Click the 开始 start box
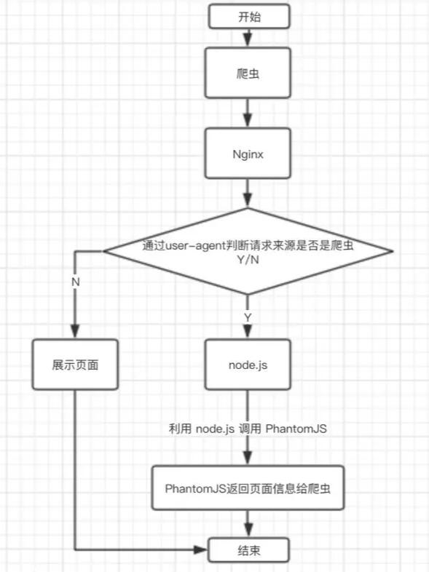click(249, 17)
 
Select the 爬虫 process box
click(249, 73)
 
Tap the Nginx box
click(249, 154)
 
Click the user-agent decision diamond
click(249, 252)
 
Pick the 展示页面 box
click(76, 364)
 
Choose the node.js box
click(249, 364)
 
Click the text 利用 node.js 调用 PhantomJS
click(248, 429)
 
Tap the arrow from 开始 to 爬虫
click(249, 37)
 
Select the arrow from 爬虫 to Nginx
click(249, 114)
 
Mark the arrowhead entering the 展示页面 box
click(76, 332)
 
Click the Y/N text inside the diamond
click(249, 261)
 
